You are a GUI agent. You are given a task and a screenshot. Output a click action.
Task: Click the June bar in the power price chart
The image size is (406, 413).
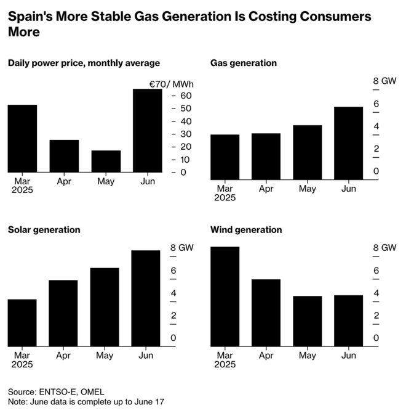coord(148,131)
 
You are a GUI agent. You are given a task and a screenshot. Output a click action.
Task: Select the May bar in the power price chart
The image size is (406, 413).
coord(106,162)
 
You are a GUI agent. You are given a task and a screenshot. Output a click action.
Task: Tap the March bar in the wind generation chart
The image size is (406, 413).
coord(225,296)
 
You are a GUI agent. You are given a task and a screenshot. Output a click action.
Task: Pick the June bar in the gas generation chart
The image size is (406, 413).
coord(348,144)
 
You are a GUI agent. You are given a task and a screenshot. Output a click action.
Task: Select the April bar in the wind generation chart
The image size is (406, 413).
coord(266,313)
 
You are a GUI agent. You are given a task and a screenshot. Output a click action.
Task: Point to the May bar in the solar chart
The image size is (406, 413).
coord(105,307)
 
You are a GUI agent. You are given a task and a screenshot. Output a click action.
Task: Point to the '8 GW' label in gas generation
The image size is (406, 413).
coord(384,81)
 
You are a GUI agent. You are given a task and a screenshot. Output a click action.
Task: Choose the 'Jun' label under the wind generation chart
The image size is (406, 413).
coord(348,356)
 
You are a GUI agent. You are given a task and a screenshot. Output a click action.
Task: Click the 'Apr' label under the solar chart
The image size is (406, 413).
coord(63,356)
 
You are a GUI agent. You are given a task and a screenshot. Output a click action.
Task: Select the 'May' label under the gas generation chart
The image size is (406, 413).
coord(307,189)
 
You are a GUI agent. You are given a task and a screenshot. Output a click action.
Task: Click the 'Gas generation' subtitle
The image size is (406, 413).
coord(244,63)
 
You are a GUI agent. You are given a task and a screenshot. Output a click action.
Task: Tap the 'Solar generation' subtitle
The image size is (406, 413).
coord(44,230)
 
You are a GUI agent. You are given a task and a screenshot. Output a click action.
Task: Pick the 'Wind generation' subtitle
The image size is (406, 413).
coord(246,230)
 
